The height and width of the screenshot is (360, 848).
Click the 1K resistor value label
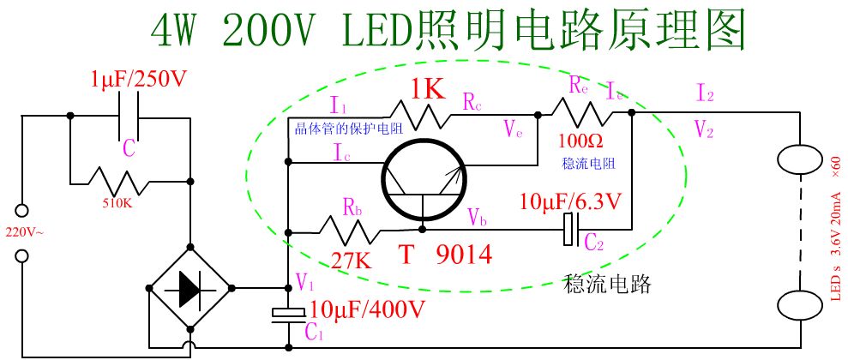(x=426, y=88)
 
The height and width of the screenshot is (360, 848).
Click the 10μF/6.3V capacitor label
(x=574, y=203)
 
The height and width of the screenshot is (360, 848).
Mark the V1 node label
(x=305, y=280)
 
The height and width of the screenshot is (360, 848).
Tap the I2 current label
(x=705, y=93)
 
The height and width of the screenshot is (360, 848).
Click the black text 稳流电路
(x=607, y=284)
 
